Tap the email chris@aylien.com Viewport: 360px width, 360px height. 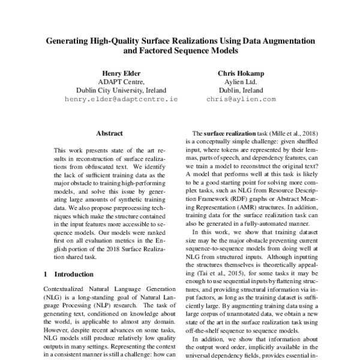click(240, 98)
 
